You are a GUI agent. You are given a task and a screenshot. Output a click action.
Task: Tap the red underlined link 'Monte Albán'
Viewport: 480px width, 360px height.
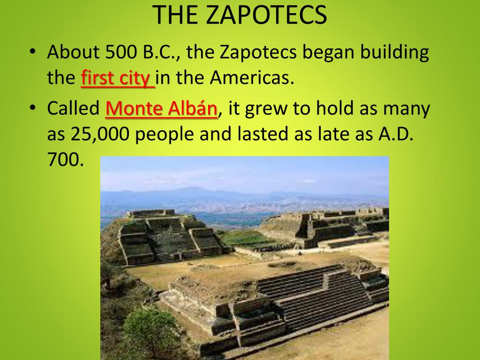pos(162,109)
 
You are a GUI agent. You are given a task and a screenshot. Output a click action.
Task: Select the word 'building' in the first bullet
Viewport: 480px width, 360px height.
pos(394,52)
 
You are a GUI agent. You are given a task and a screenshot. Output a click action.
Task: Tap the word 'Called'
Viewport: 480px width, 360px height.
pos(73,109)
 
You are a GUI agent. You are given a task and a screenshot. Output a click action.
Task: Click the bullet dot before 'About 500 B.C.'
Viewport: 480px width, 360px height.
pos(32,52)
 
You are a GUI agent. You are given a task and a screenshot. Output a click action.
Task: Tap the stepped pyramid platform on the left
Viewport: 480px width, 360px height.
pos(169,237)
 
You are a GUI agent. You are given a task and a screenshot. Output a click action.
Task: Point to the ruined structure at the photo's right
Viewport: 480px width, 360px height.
pos(337,227)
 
